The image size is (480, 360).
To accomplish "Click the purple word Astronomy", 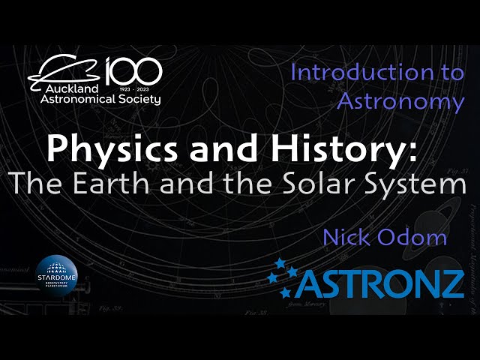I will pyautogui.click(x=401, y=100).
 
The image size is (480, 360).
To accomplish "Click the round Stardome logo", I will pyautogui.click(x=59, y=276).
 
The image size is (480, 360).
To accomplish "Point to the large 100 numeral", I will pyautogui.click(x=133, y=72).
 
